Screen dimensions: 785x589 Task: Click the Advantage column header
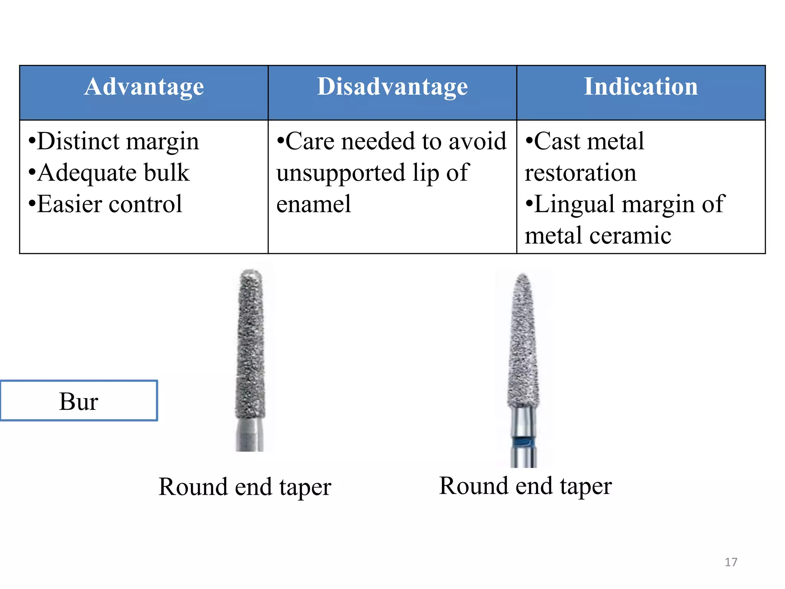coord(144,87)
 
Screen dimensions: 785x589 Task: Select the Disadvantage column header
coord(392,87)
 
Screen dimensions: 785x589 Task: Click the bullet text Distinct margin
coord(114,141)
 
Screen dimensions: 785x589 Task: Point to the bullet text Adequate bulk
coord(109,173)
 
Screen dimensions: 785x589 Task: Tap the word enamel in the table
coord(314,204)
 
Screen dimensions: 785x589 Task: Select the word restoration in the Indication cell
coord(581,173)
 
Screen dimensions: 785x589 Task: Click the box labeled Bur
coord(79,401)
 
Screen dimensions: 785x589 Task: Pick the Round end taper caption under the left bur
coord(245,487)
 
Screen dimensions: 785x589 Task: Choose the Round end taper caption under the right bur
coord(526,486)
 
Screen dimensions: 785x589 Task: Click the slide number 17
coord(731,562)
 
